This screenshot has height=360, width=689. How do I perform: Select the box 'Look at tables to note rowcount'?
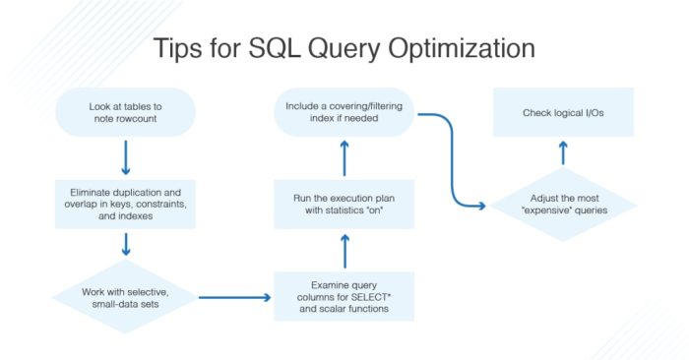click(126, 111)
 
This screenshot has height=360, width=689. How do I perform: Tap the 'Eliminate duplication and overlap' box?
click(126, 202)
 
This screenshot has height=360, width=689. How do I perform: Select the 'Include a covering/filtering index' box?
click(344, 111)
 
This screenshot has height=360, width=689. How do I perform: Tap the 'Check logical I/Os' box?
click(564, 111)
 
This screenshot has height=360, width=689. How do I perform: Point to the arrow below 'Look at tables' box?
click(126, 155)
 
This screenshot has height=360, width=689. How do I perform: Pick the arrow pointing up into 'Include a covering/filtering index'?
click(344, 157)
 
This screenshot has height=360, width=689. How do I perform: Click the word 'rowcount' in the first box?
click(126, 119)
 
